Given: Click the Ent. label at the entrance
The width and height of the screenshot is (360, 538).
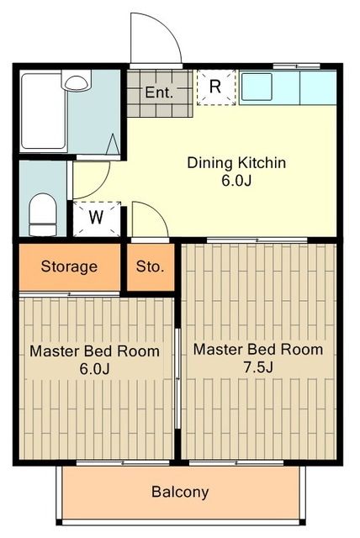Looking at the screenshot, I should tap(159, 92).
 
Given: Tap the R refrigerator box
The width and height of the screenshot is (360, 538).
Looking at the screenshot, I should tap(215, 87).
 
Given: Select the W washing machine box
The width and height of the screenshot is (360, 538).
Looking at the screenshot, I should tap(97, 218).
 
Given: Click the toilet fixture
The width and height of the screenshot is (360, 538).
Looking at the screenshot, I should tap(42, 214).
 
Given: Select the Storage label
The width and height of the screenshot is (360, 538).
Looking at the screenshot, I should tap(69, 267).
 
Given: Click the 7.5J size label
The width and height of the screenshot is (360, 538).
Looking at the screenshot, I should tap(258, 367).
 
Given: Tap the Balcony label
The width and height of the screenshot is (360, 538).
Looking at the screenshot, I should tap(180, 492).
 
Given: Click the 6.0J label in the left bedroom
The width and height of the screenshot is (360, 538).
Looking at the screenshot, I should tap(94, 369).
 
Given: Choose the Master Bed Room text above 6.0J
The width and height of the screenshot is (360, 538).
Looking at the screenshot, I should tap(94, 351).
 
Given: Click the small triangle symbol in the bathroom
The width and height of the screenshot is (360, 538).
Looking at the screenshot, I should tap(112, 144).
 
